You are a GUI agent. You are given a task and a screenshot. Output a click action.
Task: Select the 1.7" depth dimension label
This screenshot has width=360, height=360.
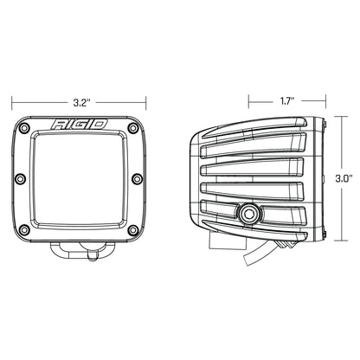(288, 101)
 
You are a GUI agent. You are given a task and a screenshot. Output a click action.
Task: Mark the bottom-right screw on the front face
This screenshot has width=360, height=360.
(132, 230)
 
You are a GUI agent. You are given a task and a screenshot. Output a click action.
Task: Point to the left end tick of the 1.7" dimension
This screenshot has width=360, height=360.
(249, 101)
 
